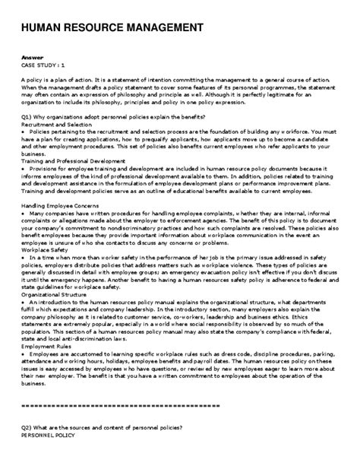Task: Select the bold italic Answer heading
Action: click(x=33, y=59)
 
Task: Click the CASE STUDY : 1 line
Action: click(x=43, y=66)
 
